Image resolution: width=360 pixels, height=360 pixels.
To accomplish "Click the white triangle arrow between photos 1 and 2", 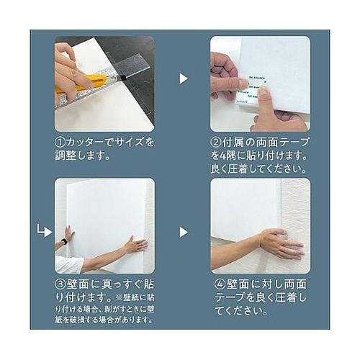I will click(x=184, y=78).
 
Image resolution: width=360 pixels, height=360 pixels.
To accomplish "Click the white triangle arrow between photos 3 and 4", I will click(x=184, y=232).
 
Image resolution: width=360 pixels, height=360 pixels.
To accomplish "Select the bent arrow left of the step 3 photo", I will click(x=44, y=231).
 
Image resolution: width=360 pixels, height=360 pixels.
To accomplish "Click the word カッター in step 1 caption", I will click(x=85, y=143).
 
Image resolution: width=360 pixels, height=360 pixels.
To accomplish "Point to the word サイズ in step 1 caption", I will click(x=130, y=143).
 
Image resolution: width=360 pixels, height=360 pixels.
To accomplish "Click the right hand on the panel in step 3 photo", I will click(x=134, y=245).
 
